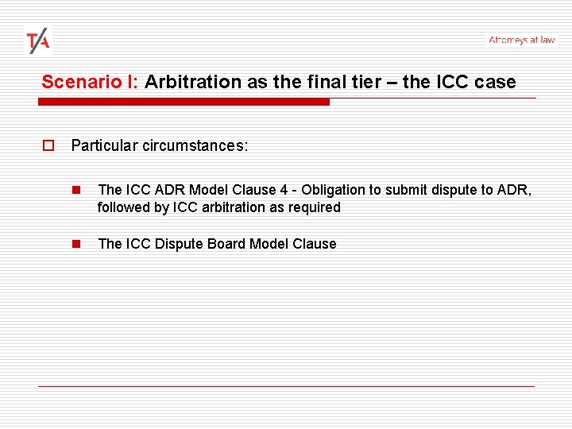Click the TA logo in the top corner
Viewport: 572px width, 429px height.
coord(37,41)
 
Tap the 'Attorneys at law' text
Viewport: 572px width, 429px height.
coord(521,40)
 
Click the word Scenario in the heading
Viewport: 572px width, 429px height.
coord(76,82)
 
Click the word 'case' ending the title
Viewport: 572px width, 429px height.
coord(497,82)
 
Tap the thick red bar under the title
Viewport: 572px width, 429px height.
coord(184,102)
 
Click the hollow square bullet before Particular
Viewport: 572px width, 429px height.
coord(48,146)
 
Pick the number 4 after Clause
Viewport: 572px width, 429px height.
coord(284,190)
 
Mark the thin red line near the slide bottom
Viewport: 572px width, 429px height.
coord(286,386)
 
